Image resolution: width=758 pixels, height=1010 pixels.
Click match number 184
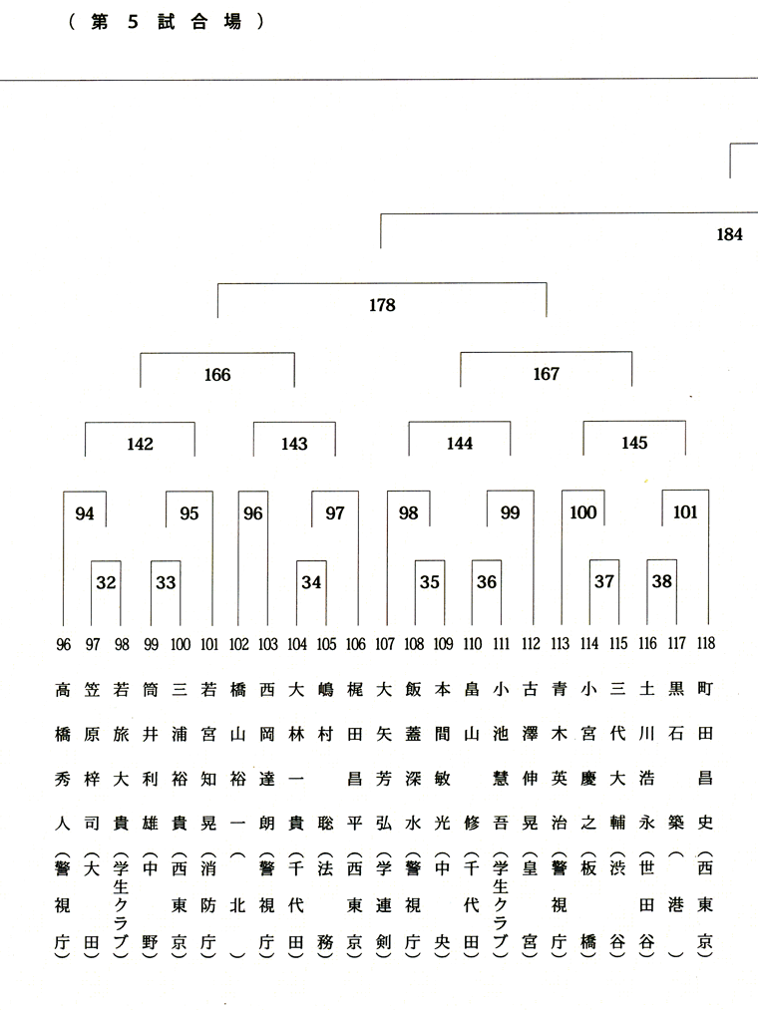tap(729, 235)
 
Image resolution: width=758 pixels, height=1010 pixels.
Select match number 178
tap(382, 305)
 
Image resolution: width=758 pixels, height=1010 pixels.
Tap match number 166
tap(216, 375)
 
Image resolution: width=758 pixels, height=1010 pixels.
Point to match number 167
tap(546, 374)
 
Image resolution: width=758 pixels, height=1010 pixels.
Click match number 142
tap(140, 444)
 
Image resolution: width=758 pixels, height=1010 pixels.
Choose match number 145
tap(633, 444)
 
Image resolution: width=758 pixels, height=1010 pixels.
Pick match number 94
tap(85, 513)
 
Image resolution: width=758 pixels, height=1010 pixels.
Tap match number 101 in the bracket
tap(685, 513)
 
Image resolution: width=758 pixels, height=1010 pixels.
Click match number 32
tap(106, 582)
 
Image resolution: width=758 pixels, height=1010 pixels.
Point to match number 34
tap(311, 582)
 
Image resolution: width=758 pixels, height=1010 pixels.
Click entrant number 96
tap(64, 644)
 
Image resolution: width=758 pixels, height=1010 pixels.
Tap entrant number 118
tap(706, 644)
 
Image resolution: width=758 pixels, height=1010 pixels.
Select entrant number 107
tap(385, 644)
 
